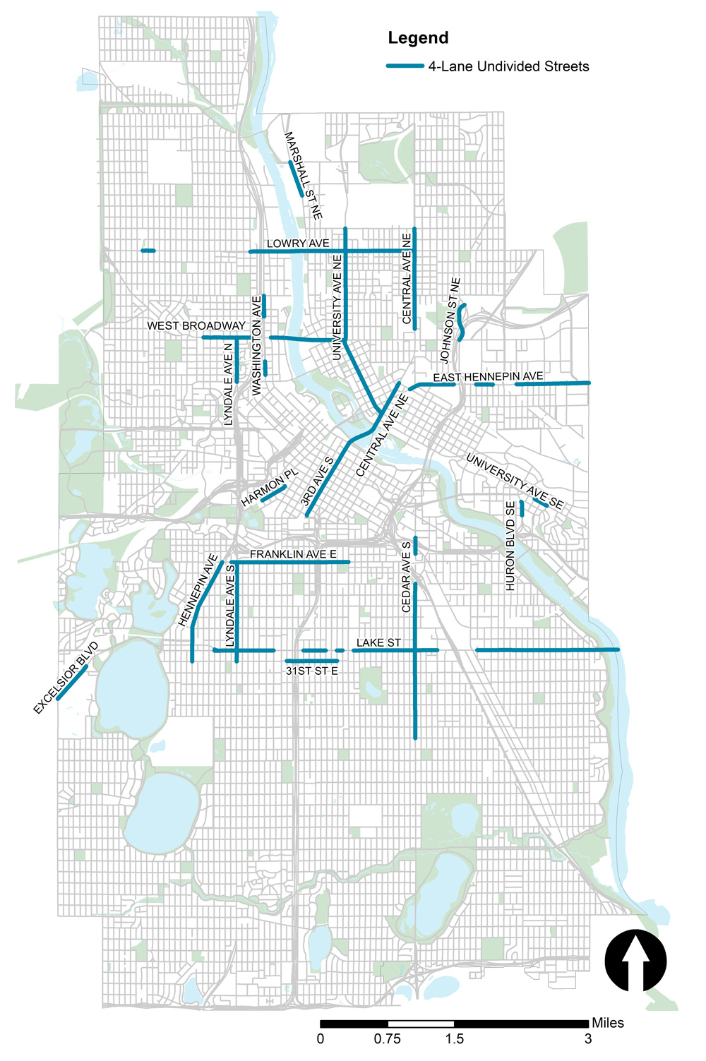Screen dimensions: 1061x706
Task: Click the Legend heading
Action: [x=418, y=38]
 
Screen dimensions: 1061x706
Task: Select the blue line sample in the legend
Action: [x=405, y=66]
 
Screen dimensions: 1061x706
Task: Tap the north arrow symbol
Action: [x=635, y=961]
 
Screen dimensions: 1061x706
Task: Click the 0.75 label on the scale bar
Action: [x=388, y=1038]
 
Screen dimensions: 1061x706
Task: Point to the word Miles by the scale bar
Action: [x=608, y=1023]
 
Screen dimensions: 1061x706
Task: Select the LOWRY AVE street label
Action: [x=298, y=244]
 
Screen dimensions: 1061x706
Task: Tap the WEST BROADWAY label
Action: [x=196, y=325]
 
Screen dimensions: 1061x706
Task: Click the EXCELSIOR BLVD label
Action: [x=66, y=678]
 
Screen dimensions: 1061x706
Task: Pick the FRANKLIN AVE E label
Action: [x=293, y=554]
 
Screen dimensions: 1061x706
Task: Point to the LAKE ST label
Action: [x=378, y=642]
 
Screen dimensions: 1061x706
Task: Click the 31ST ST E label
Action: [x=312, y=671]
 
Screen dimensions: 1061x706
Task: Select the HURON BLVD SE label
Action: [x=510, y=546]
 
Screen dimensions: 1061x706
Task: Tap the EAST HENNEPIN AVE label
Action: [x=488, y=377]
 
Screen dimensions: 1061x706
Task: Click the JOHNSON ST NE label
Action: [x=451, y=320]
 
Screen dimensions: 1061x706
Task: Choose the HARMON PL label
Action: [x=270, y=488]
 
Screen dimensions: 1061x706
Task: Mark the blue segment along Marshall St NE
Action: [x=296, y=181]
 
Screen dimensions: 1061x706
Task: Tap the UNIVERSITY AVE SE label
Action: [x=515, y=481]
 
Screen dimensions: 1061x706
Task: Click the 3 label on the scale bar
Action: [x=588, y=1038]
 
